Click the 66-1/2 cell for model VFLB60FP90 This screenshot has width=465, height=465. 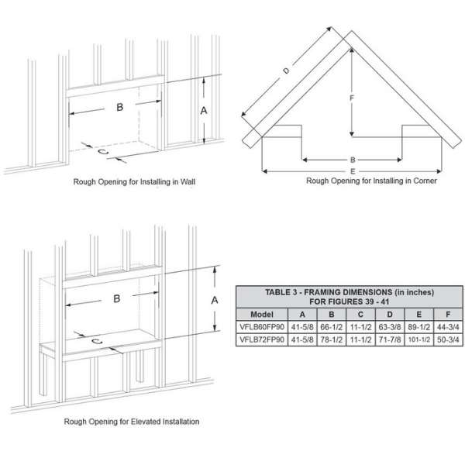(332, 327)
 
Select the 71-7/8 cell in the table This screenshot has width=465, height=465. (390, 339)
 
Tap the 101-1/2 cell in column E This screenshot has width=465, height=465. (418, 339)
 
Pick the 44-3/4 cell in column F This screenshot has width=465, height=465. (448, 327)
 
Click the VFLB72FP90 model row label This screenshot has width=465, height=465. (262, 339)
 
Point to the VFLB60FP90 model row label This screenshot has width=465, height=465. (262, 327)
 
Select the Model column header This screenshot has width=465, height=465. (262, 315)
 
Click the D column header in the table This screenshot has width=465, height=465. (390, 315)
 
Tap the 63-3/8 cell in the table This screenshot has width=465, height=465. (390, 327)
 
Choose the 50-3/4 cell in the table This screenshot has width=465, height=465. (448, 339)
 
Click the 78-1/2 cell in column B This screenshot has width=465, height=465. (332, 339)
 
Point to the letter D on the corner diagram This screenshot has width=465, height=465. (286, 71)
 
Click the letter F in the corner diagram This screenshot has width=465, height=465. (352, 98)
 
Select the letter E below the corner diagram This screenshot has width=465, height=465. (353, 171)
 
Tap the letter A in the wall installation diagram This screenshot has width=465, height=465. (203, 111)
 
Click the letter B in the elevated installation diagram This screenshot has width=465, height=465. (117, 298)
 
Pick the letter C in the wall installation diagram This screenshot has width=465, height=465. (102, 152)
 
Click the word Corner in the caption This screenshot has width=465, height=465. (425, 181)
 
